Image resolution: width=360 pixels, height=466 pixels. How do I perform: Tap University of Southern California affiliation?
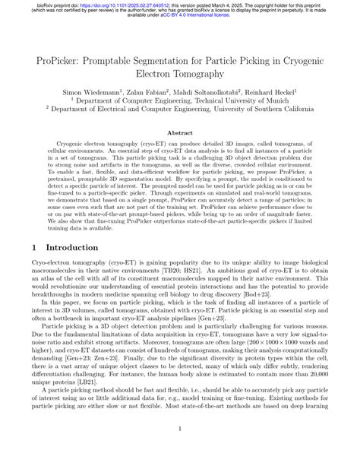(257, 109)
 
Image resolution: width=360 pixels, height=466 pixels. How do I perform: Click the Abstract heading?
(179, 132)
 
